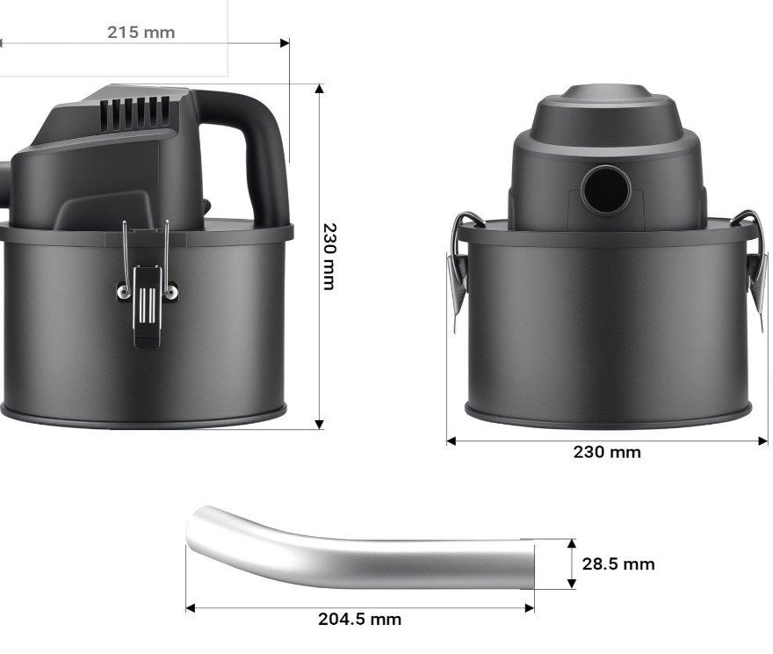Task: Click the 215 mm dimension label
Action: [141, 33]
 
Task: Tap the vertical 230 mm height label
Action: [329, 257]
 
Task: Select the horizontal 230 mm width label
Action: [607, 452]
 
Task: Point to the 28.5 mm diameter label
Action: [618, 563]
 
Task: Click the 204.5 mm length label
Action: [359, 619]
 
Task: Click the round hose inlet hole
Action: [606, 190]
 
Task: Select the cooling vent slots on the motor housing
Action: [135, 113]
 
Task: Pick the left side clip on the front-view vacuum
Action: [461, 266]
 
